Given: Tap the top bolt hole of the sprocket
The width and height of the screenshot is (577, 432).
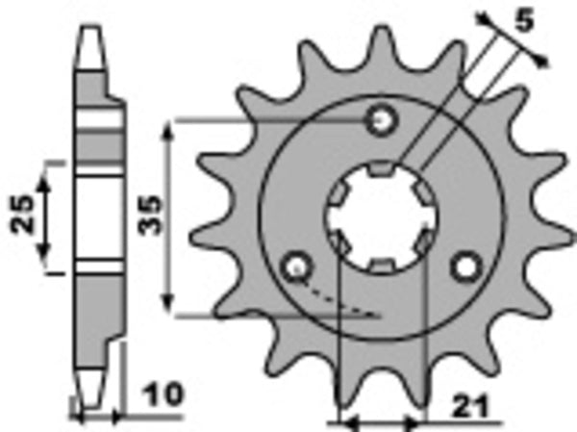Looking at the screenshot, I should (x=384, y=120).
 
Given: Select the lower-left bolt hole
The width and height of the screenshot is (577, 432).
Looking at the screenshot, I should (x=295, y=266).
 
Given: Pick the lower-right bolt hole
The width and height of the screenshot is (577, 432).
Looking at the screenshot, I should (x=468, y=266).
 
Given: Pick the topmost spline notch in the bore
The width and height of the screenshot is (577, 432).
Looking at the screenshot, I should (x=382, y=170).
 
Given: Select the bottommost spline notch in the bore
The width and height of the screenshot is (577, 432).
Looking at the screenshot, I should (x=382, y=265).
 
